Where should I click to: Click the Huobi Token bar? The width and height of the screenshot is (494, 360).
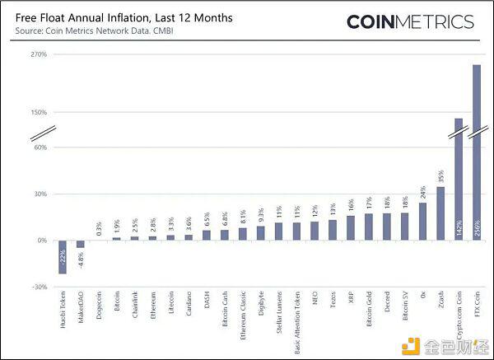63,256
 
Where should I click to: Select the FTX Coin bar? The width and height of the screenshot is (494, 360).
476,152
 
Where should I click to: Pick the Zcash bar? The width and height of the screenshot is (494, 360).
440,213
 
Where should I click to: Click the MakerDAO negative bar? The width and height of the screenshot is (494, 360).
81,244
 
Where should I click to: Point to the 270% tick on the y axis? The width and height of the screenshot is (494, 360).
38,54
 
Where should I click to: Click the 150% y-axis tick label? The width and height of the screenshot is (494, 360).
38,112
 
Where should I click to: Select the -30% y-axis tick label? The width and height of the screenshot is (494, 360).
38,287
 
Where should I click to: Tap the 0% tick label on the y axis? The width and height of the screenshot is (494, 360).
40,241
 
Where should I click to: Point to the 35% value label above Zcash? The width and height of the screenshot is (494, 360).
440,176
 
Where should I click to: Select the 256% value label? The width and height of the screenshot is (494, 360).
477,231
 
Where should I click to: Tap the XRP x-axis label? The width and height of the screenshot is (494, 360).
351,299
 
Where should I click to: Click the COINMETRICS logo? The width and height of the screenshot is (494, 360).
409,22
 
